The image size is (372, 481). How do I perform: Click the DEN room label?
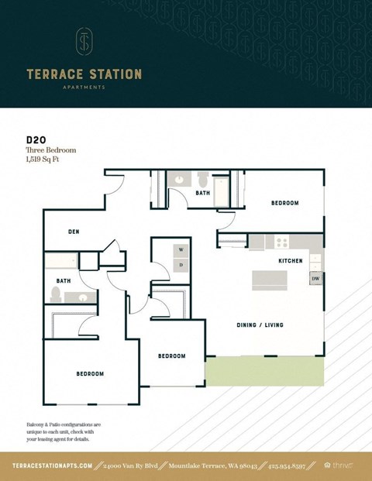click(x=74, y=231)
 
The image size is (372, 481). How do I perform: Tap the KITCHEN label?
click(x=291, y=261)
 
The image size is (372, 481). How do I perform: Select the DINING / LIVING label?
click(x=260, y=325)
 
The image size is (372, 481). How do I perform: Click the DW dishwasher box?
click(x=315, y=277)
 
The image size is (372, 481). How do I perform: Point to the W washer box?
click(x=181, y=249)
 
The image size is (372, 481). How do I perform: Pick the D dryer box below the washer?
click(x=181, y=265)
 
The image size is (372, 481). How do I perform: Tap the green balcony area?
click(x=263, y=371)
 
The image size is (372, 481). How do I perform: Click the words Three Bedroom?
click(x=51, y=150)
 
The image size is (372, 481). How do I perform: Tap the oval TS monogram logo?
click(x=84, y=43)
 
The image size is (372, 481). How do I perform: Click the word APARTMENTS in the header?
click(x=84, y=88)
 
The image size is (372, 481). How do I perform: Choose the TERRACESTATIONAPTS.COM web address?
click(x=53, y=466)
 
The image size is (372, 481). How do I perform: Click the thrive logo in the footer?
click(x=342, y=466)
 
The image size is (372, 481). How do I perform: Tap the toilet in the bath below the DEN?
click(x=56, y=294)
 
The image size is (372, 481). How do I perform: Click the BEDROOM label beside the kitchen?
click(x=284, y=203)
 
